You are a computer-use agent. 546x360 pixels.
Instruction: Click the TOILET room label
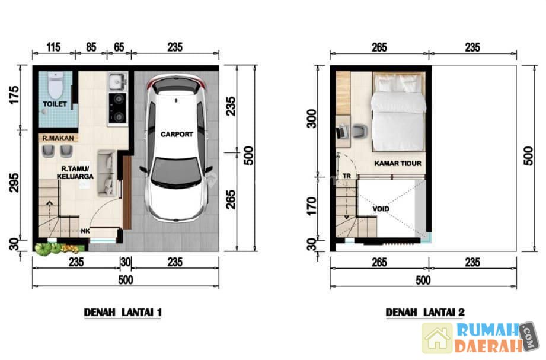55,104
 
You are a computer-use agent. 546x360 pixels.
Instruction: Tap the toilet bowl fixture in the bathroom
55,85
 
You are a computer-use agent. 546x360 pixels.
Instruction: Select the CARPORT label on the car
177,134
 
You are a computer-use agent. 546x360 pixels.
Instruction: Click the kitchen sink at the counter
118,82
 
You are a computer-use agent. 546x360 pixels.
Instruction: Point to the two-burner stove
118,108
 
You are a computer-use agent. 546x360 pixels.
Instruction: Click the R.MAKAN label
58,138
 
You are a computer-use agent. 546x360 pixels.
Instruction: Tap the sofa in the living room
106,172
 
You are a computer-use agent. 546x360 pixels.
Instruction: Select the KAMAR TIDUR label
398,163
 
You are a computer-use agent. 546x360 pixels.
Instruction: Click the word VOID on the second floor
381,209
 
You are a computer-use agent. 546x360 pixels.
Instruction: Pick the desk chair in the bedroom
360,132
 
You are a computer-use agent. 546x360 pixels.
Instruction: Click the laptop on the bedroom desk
341,132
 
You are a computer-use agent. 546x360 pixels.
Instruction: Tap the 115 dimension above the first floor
53,47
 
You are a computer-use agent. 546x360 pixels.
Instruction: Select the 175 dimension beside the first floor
14,94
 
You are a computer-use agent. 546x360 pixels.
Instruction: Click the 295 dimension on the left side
14,182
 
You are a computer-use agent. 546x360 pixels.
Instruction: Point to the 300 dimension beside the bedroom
312,119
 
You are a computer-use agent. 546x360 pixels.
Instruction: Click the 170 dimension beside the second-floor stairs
312,206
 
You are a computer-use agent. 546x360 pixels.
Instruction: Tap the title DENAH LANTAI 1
123,312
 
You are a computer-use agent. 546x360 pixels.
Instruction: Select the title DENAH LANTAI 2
425,312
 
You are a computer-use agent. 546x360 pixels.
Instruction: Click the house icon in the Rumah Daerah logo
437,338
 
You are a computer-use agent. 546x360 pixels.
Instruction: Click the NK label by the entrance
85,231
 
